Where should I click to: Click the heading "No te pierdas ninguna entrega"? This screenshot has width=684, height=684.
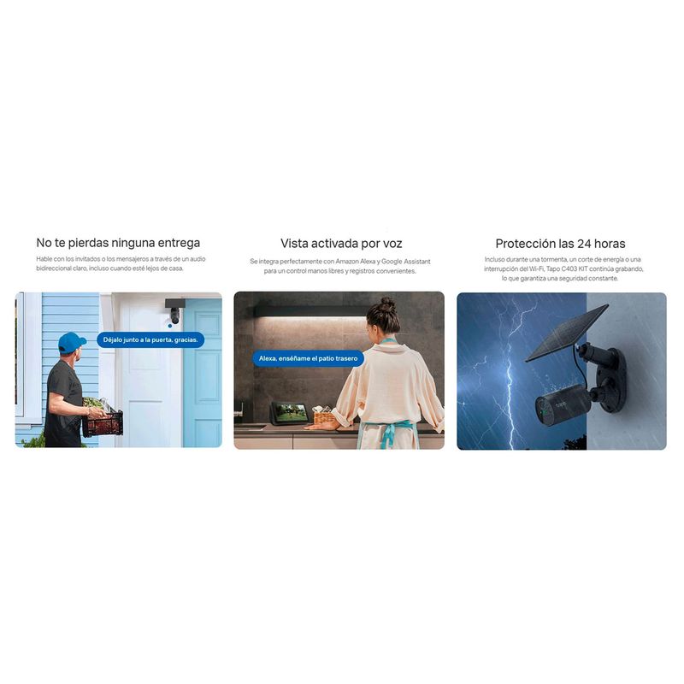point(118,243)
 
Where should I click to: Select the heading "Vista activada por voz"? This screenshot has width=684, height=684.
point(341,244)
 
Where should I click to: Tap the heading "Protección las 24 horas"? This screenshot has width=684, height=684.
point(560,244)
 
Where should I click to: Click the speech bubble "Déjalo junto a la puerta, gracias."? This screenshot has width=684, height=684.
point(150,339)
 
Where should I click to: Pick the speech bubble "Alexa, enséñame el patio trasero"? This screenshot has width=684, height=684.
point(308,358)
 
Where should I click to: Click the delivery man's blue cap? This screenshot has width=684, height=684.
point(71,342)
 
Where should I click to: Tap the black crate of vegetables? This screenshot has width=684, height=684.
point(103,422)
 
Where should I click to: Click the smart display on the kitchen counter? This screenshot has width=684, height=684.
point(290,412)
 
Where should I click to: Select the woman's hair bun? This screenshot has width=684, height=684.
point(386,304)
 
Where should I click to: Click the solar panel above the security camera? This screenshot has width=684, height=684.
point(566,333)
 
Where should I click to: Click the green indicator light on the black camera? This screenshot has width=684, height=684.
point(541,411)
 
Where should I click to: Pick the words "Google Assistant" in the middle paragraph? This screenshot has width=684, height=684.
point(406,262)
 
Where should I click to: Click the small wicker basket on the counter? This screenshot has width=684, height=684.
point(324,416)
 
